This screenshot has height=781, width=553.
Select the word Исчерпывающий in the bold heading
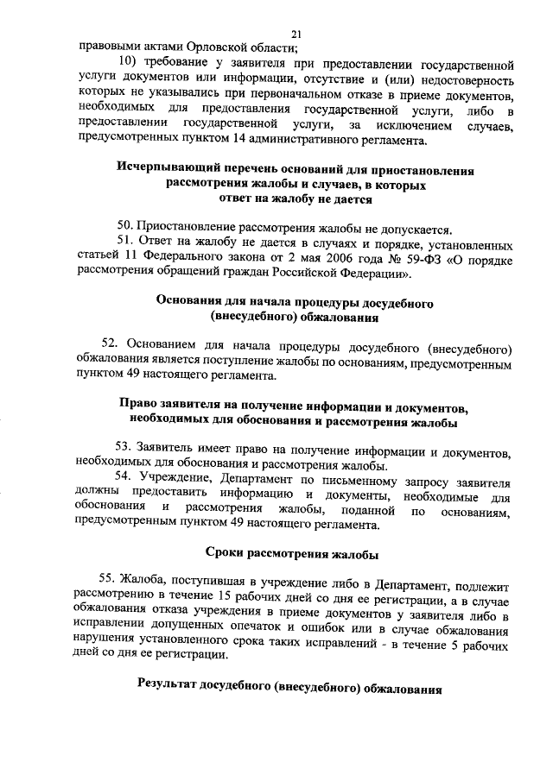(165, 170)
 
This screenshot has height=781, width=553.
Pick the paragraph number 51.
(124, 245)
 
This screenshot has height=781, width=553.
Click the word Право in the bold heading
(137, 406)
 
